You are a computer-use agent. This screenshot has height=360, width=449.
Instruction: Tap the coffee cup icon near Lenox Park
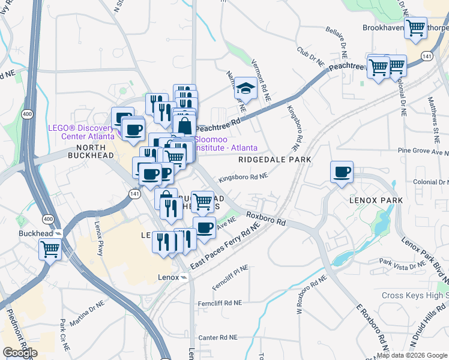[342, 172]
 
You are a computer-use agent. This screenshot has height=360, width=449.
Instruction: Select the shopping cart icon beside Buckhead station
[50, 248]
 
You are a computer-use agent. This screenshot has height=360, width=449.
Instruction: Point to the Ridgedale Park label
[274, 160]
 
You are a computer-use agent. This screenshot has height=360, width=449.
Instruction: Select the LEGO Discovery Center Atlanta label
[81, 132]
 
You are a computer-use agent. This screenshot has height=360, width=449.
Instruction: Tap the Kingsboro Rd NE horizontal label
[243, 177]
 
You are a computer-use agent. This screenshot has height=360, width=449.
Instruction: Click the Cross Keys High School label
[415, 295]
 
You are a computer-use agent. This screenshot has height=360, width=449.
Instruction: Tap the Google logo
[20, 353]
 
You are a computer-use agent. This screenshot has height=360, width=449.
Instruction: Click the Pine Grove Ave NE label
[423, 152]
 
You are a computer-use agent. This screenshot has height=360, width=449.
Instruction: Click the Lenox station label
[169, 278]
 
